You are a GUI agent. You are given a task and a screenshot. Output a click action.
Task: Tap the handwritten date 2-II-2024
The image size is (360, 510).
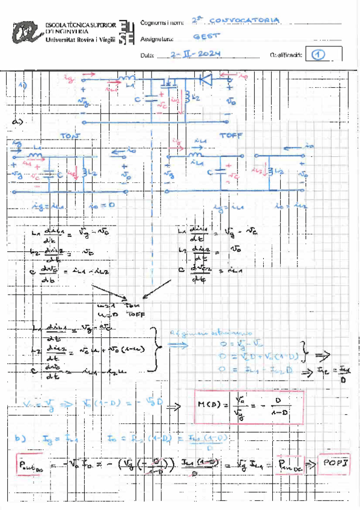(x=195, y=54)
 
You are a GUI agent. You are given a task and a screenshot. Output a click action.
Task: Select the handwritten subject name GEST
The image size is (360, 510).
(x=210, y=37)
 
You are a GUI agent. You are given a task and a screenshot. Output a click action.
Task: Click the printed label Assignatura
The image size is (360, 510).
(x=156, y=39)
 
